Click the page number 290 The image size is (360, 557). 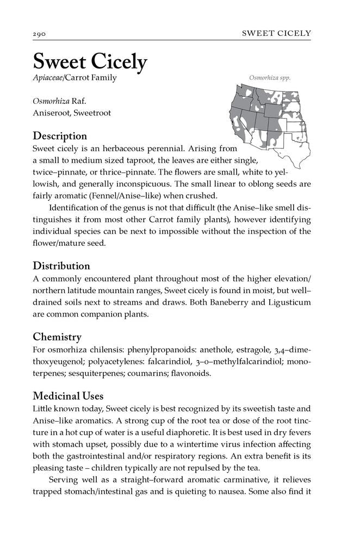[40, 34]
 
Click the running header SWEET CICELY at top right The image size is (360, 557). [276, 33]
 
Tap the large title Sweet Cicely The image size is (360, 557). [90, 61]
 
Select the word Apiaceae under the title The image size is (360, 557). [48, 78]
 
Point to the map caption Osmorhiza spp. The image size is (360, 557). [270, 77]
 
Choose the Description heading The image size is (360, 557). [60, 135]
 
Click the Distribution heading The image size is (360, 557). [61, 266]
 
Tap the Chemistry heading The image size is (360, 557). [57, 337]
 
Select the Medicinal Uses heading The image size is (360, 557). [68, 395]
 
